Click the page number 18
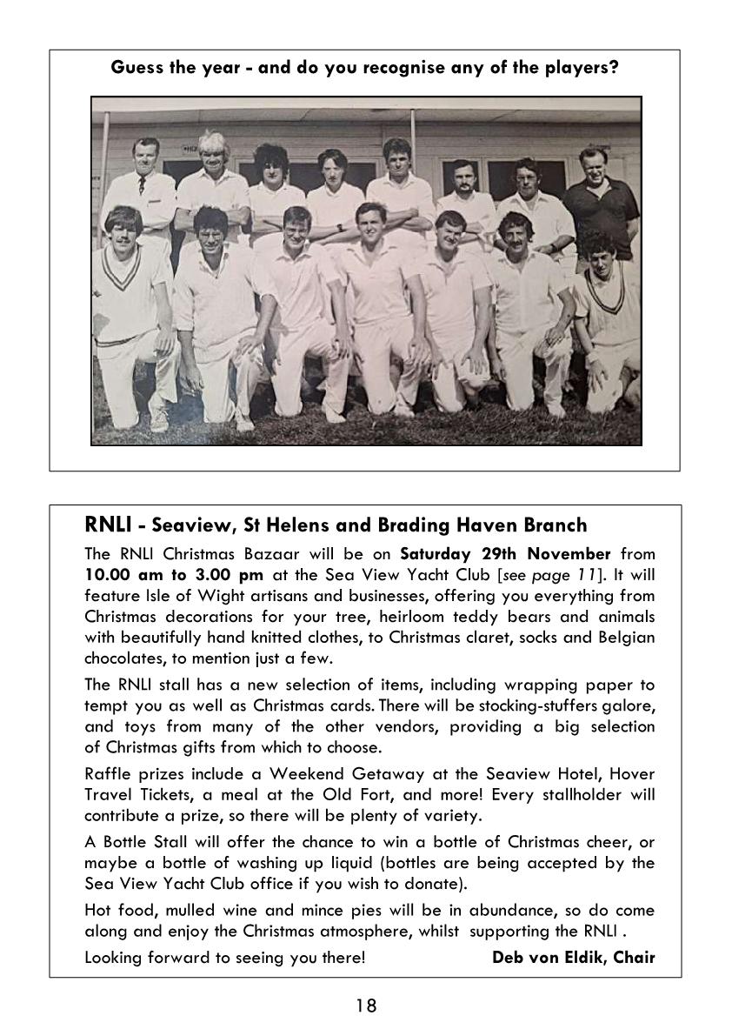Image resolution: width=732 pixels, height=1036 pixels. [366, 1006]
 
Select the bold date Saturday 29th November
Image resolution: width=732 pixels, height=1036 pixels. [505, 554]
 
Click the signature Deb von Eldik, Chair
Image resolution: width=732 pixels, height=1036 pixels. [573, 958]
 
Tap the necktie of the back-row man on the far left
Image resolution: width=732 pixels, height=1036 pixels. [142, 185]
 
